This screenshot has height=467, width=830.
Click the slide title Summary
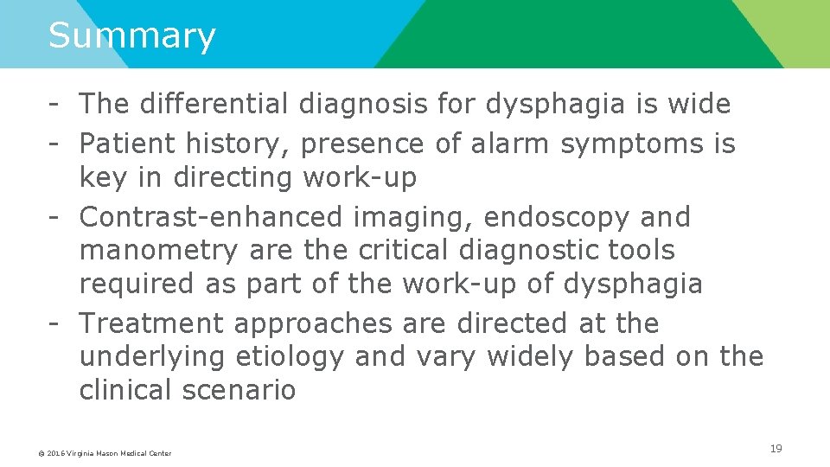click(131, 36)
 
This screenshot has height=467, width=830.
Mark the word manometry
click(157, 251)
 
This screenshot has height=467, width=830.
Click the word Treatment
click(152, 323)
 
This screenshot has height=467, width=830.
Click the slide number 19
click(776, 449)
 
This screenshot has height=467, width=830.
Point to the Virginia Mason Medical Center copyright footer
click(105, 453)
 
